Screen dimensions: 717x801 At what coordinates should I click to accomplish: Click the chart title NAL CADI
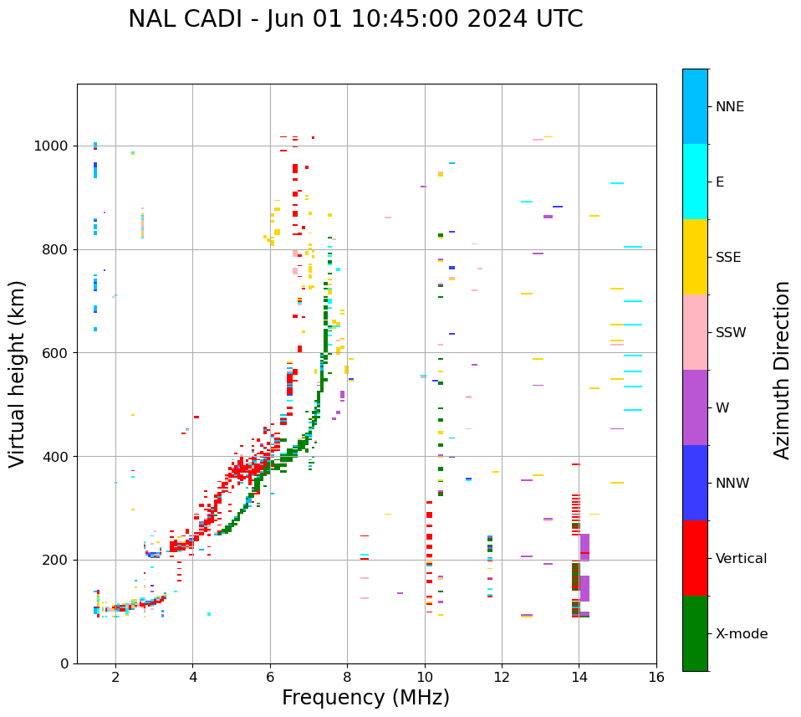coord(355,19)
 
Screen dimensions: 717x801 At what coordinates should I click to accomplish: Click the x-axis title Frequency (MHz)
coord(365,698)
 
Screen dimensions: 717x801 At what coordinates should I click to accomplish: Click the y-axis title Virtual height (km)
coord(18,374)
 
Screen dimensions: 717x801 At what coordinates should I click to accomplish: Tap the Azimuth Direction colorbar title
coord(782,369)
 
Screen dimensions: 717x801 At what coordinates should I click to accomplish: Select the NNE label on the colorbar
coord(729,107)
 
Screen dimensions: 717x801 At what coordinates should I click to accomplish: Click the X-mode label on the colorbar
coord(741,633)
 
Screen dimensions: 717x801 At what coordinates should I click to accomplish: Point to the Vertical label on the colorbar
coord(741,558)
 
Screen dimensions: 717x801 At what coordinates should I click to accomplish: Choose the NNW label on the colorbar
coord(732,483)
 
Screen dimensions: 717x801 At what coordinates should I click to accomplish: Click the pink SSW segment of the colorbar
coord(695,332)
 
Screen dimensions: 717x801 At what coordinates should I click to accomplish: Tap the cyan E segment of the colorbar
coord(695,182)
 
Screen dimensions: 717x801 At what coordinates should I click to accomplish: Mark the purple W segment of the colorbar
coord(695,407)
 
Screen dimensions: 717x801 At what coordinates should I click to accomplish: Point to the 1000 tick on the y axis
coord(52,146)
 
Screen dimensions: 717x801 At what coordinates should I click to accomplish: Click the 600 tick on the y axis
coord(56,353)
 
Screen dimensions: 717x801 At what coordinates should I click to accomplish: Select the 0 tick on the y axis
coord(64,663)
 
